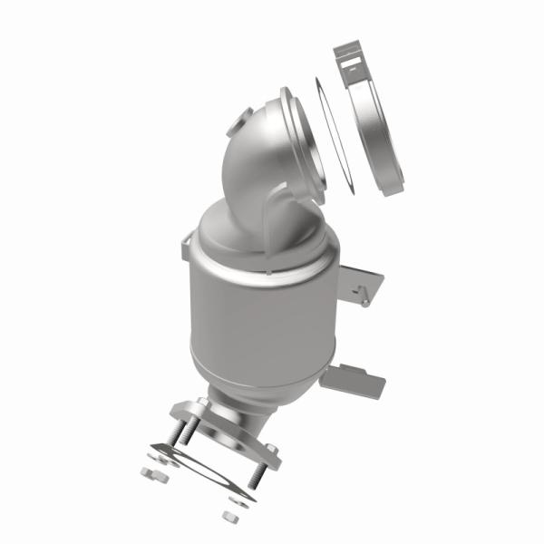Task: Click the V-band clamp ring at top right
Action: [x=381, y=136]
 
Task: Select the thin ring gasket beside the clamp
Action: [x=333, y=136]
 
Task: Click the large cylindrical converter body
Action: [x=263, y=317]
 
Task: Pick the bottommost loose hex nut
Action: [x=229, y=517]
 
